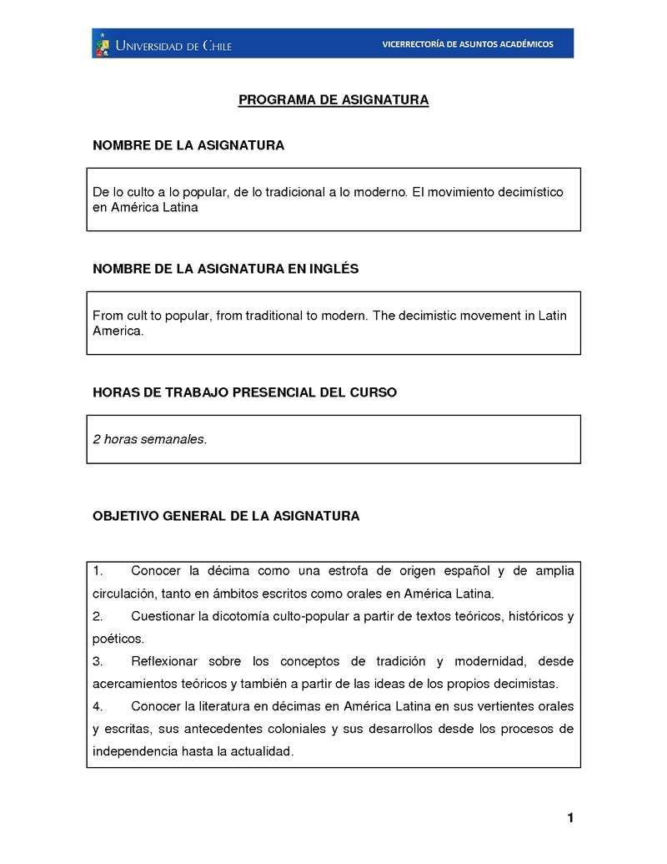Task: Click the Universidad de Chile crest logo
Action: pos(103,44)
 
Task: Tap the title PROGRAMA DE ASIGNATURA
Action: pos(333,100)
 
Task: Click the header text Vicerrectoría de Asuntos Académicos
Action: pos(467,44)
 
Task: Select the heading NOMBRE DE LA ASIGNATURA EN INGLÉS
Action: pos(225,269)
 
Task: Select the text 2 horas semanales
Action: pos(149,439)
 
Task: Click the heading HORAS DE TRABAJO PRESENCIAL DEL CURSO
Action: pos(244,392)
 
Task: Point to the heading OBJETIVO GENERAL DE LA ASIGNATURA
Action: pos(226,516)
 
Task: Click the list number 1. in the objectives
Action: pos(98,571)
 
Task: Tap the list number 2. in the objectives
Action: pos(98,617)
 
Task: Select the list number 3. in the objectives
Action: pos(98,662)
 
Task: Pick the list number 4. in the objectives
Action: pos(98,706)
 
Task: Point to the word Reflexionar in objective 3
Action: pos(164,662)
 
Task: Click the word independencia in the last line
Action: pos(128,751)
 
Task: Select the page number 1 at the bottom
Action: pos(570,818)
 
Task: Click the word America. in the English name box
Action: pos(118,331)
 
